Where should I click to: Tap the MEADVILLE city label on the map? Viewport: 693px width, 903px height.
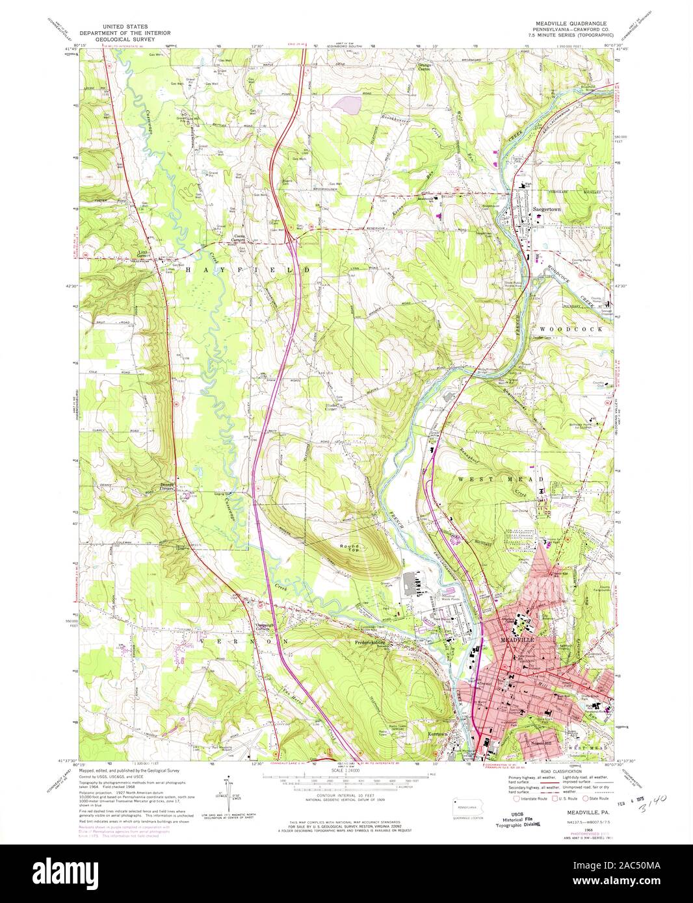[x=517, y=640]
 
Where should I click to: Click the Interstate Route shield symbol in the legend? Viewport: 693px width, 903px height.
[x=508, y=802]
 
